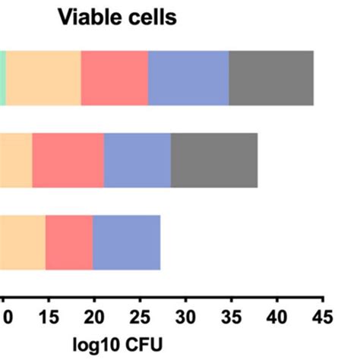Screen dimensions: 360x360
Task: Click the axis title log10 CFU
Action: tap(117, 342)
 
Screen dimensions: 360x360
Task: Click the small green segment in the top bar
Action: tap(2, 78)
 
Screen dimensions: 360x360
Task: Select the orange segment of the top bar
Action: tap(43, 78)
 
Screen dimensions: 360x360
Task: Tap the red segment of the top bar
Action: tap(115, 78)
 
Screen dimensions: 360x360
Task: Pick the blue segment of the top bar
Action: tap(188, 78)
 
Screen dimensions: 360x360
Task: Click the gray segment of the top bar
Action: tap(271, 78)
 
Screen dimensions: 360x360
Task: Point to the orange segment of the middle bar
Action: tap(15, 160)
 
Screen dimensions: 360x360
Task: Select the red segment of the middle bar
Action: tap(68, 160)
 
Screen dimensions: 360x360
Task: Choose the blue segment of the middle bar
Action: tap(137, 160)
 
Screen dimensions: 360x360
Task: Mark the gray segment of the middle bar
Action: tap(214, 160)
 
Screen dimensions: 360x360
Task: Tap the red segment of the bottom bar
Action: tap(69, 242)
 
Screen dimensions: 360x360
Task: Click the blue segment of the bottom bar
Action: tap(126, 242)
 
